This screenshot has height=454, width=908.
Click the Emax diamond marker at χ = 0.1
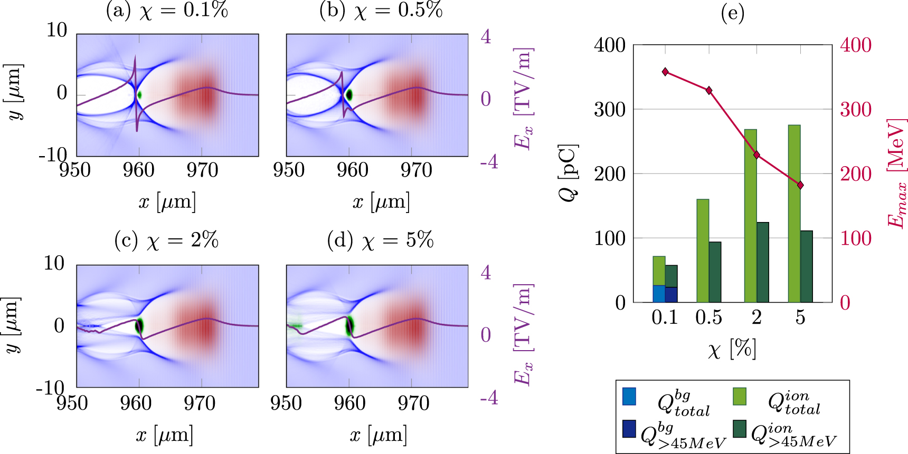coord(665,72)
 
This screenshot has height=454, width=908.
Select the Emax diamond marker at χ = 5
coord(800,185)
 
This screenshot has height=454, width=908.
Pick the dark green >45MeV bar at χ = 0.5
coord(715,272)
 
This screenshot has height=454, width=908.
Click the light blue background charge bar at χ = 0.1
coord(659,294)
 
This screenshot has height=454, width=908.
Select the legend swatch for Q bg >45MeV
coord(629,429)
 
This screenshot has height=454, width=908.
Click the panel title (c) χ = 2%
coord(166,240)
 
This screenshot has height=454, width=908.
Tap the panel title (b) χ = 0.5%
coord(381,11)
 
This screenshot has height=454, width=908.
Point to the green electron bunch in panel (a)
coord(139,95)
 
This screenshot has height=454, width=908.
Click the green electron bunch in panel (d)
coord(349,325)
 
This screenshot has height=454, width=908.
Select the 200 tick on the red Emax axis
coord(856,174)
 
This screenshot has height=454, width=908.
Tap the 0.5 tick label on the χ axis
coord(708,317)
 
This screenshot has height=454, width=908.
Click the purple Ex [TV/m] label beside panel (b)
coord(524,99)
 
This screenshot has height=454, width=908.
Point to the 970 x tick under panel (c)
coord(200,403)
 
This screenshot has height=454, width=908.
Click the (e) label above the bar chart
coord(733,13)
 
